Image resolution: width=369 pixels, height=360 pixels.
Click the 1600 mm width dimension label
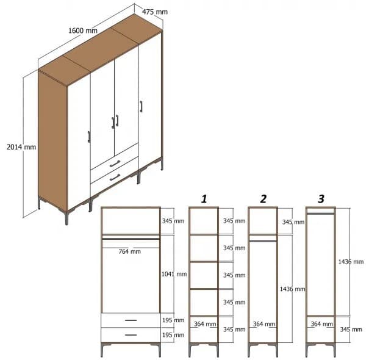(83, 31)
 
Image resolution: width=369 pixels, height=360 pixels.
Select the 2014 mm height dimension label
(21, 146)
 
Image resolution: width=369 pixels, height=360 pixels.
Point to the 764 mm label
(129, 251)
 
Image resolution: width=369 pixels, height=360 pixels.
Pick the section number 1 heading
(204, 198)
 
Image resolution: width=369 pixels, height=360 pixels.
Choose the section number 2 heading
(263, 198)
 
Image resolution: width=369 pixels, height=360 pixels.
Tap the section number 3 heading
(321, 198)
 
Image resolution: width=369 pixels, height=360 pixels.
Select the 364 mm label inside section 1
(204, 324)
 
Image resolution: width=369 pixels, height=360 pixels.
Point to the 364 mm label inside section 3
(320, 324)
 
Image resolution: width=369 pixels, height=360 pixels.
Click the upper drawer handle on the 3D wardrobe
(115, 163)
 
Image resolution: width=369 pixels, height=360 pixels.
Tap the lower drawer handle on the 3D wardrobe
(114, 178)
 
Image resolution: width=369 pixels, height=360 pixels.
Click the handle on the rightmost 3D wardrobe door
(141, 107)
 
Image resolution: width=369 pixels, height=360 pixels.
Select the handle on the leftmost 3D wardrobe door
(88, 136)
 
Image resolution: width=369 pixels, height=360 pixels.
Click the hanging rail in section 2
(263, 242)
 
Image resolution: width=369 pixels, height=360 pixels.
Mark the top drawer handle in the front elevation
(131, 320)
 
